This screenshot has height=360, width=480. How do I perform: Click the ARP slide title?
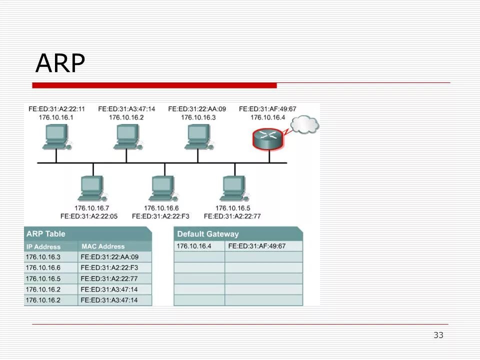coord(60,63)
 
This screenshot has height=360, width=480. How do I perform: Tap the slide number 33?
coord(438,335)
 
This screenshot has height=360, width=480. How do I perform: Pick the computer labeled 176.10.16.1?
coord(55,136)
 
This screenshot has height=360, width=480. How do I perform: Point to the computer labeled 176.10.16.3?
coord(197,136)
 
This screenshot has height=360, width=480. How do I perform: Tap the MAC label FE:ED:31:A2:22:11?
coord(56,108)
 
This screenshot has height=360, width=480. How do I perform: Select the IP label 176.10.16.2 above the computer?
coord(126,117)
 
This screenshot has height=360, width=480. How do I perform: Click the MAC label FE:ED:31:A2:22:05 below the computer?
coord(89,216)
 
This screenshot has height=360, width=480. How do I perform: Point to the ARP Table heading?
coord(45,234)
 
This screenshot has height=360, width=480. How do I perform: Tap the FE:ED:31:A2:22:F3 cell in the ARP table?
coord(109,268)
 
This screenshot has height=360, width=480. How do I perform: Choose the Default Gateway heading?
coord(208,234)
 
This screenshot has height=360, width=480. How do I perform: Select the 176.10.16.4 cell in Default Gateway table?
coord(194,246)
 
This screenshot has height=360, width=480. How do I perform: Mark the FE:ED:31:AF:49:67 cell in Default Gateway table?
coord(256,246)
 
